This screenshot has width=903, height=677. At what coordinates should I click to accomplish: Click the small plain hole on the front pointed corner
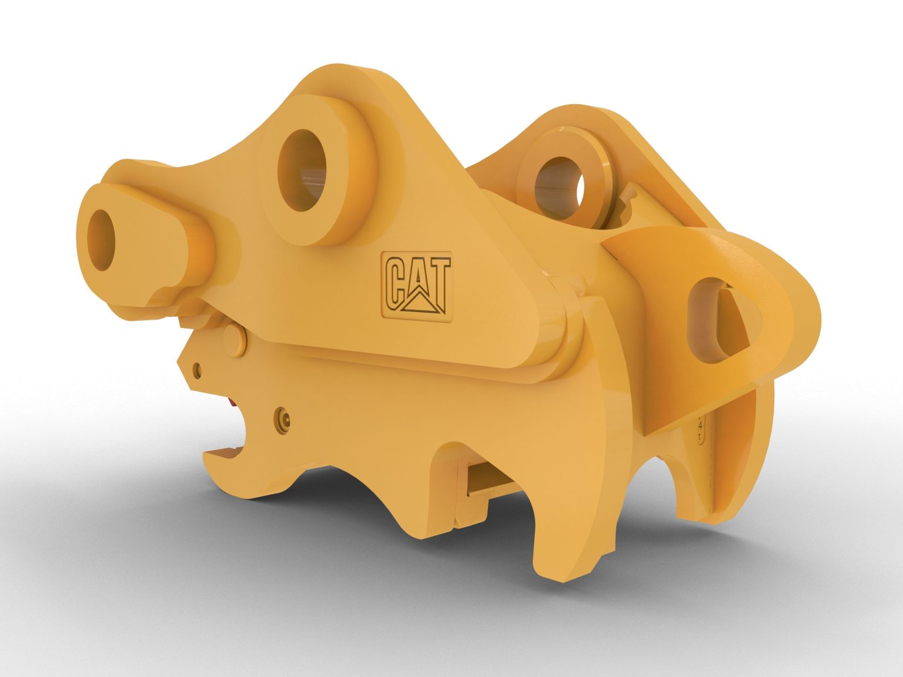pyautogui.click(x=197, y=369)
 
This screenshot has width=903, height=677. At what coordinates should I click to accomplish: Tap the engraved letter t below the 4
pyautogui.click(x=699, y=437)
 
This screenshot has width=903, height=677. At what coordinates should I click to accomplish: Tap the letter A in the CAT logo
pyautogui.click(x=417, y=283)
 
